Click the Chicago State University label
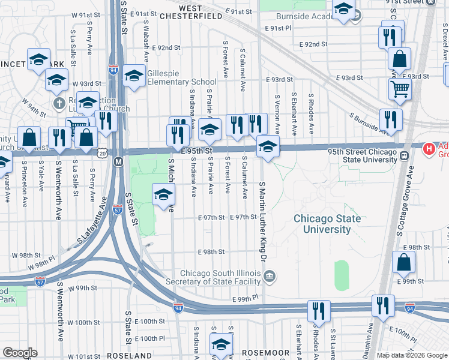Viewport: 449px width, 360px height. pos(327,224)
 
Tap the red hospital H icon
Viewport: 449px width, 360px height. pos(429,148)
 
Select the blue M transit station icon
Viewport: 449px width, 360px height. pos(119,161)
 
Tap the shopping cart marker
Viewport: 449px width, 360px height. pos(399,89)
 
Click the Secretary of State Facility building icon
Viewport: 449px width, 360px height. pos(270,276)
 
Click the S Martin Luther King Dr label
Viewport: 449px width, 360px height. pos(262,220)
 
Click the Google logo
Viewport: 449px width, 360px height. pos(20,353)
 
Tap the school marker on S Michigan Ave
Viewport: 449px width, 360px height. pos(163,195)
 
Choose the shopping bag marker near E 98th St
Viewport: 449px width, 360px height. pos(404,262)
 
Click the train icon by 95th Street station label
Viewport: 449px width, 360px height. pos(405,155)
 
